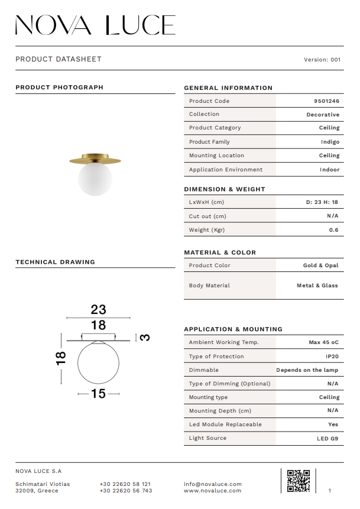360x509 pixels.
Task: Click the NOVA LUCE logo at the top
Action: [x=95, y=25]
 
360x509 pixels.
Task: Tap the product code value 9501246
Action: [x=326, y=101]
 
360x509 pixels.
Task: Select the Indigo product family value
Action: [x=330, y=142]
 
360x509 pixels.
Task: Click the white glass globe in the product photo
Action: [x=95, y=179]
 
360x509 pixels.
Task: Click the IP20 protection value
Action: [x=332, y=356]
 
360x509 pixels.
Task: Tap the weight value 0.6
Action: [x=333, y=230]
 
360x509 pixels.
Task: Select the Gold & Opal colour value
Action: [x=320, y=265]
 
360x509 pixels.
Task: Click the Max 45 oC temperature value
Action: [x=323, y=342]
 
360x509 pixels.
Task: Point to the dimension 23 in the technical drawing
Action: [x=98, y=309]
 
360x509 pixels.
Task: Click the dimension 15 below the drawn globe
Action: [x=98, y=394]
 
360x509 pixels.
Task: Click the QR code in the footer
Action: [x=298, y=481]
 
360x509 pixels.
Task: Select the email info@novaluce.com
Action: [x=212, y=484]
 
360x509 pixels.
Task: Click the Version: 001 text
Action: [x=322, y=60]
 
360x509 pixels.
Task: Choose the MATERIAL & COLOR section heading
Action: [x=220, y=252]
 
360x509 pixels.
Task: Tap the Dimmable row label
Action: [x=204, y=370]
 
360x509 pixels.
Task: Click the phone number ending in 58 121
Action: [x=125, y=484]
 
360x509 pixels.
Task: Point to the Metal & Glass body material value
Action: [x=317, y=286]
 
